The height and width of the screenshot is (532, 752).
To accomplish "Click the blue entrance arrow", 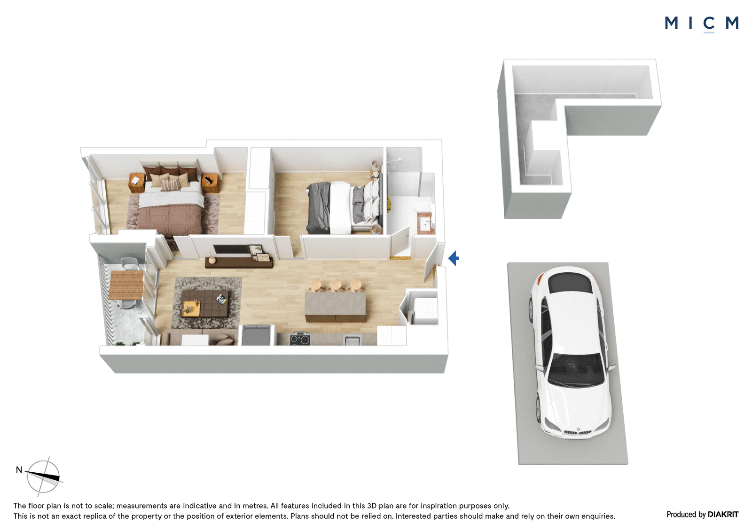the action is tap(454, 258).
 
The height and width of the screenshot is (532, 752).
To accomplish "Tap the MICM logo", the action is tap(701, 24).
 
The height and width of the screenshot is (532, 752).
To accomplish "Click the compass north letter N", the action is tap(19, 469).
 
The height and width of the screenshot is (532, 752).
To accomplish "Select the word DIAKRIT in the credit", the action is tap(723, 514).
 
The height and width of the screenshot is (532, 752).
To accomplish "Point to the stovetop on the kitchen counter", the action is tap(300, 339).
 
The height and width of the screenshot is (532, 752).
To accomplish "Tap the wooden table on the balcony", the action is tap(126, 285).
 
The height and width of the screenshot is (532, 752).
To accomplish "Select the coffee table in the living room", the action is tap(205, 303).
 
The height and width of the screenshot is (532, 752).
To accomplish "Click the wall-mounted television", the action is tap(232, 249).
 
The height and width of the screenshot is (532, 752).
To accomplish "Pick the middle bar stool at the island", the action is tap(336, 286).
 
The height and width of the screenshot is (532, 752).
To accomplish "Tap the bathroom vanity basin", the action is tap(426, 223).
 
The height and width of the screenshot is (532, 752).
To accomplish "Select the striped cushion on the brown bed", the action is tap(171, 184).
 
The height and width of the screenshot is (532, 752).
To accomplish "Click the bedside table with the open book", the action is tap(136, 183).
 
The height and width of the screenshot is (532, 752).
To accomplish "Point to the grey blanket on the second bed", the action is tap(319, 208).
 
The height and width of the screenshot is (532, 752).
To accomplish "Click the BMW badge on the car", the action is tap(579, 429).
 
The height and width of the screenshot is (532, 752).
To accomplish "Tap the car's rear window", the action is tap(570, 283).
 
